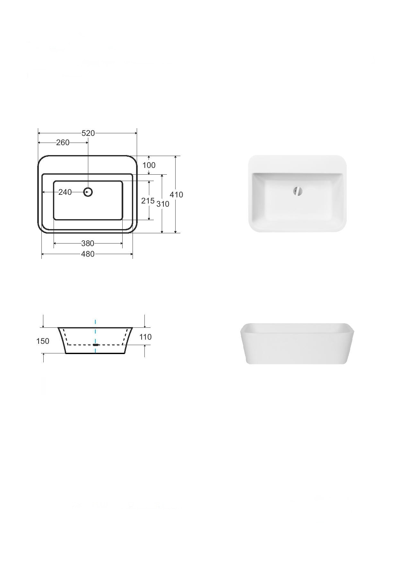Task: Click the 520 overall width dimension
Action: click(88, 133)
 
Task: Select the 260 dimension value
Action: click(63, 143)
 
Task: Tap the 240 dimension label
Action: click(65, 192)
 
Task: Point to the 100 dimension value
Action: click(149, 165)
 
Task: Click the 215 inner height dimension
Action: click(148, 201)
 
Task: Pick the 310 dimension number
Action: click(163, 204)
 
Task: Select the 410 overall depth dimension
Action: click(176, 194)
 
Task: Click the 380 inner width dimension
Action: click(88, 244)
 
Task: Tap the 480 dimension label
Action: click(88, 254)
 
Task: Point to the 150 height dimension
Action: click(43, 341)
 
